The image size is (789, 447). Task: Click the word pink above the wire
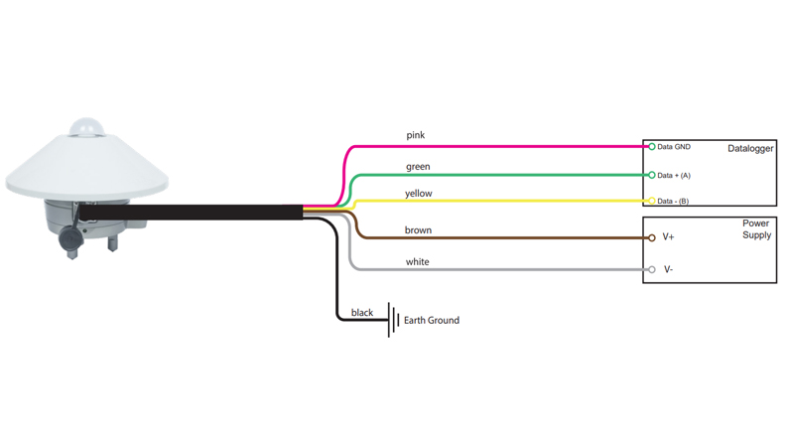416,135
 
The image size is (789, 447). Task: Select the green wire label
418,167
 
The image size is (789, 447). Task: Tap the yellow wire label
419,194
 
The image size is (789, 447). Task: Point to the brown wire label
418,230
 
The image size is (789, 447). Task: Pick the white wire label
417,262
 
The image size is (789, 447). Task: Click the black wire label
362,313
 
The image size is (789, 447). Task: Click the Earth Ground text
432,321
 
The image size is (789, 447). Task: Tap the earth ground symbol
392,320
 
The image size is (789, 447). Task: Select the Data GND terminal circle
652,147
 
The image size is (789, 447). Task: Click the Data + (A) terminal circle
652,176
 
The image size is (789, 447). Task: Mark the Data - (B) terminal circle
652,201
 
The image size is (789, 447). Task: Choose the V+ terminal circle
652,238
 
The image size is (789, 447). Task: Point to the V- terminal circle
652,269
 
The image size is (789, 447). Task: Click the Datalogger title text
750,149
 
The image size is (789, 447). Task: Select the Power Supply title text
756,229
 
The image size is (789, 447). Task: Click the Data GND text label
674,147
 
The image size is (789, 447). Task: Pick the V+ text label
668,238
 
